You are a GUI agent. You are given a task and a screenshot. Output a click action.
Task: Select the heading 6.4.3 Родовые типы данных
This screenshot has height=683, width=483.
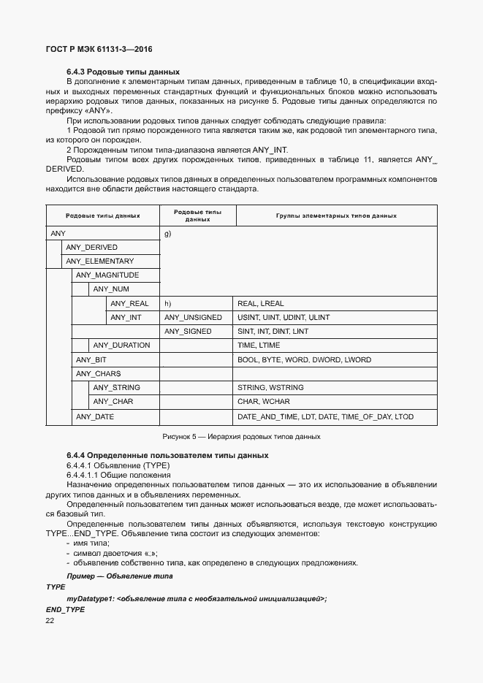click(123, 72)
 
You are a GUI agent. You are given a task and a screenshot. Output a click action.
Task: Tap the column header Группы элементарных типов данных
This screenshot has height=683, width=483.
click(336, 216)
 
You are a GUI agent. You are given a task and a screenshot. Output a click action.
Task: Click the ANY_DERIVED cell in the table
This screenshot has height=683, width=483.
click(91, 248)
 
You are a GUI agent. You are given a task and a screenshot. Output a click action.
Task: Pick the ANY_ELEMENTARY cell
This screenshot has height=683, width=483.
click(99, 262)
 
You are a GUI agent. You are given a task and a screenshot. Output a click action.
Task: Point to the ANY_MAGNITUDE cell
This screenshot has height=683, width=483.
click(107, 275)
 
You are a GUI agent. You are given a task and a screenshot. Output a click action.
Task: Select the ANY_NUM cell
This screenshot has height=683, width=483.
click(111, 289)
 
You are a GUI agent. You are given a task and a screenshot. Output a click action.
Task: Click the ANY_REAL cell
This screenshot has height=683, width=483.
click(129, 303)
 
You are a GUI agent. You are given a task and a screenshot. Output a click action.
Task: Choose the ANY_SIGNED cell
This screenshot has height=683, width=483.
click(188, 332)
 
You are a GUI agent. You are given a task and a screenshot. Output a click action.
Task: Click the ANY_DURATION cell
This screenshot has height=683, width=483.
click(121, 346)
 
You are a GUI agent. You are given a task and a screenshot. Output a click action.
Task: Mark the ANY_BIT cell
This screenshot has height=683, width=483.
click(91, 360)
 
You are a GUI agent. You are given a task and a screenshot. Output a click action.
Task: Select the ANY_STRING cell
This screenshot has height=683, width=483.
click(117, 388)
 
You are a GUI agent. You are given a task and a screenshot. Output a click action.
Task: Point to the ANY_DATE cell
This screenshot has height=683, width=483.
click(95, 417)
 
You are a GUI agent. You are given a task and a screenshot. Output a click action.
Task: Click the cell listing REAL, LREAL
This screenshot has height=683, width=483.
click(261, 303)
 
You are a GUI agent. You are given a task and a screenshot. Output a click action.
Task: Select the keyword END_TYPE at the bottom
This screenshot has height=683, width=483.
click(65, 609)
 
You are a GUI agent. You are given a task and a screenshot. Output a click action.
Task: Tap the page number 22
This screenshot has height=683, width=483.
click(50, 621)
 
